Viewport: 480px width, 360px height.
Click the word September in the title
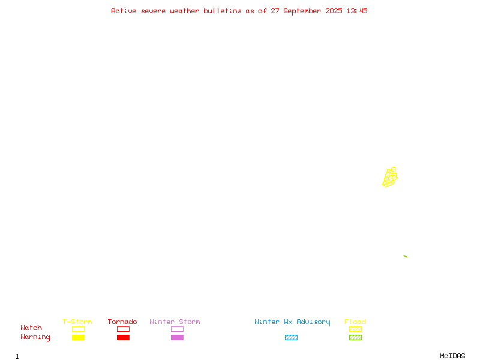[x=302, y=11]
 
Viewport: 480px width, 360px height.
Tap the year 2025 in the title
[x=334, y=11]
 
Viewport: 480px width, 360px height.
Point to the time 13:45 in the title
[x=357, y=11]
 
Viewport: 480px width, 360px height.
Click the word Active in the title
[x=124, y=11]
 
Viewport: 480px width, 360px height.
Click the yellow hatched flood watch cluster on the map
[x=389, y=177]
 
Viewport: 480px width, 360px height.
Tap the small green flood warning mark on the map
[x=406, y=256]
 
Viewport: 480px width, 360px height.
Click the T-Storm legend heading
[x=77, y=322]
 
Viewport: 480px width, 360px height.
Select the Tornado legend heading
[x=122, y=322]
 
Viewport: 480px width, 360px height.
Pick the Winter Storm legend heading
[x=175, y=322]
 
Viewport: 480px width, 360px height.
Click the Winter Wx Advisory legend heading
[x=292, y=322]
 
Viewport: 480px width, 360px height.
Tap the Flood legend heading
[x=355, y=322]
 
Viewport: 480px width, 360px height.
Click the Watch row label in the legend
[x=31, y=328]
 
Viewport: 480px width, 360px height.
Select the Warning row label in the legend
[x=35, y=337]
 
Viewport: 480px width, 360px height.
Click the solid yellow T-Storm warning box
[x=79, y=337]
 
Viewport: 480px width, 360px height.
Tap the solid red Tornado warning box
[x=124, y=337]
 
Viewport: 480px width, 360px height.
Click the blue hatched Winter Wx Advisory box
[x=291, y=337]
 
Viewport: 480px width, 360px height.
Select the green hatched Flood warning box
[x=355, y=337]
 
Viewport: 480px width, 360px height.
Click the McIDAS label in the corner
[x=452, y=356]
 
